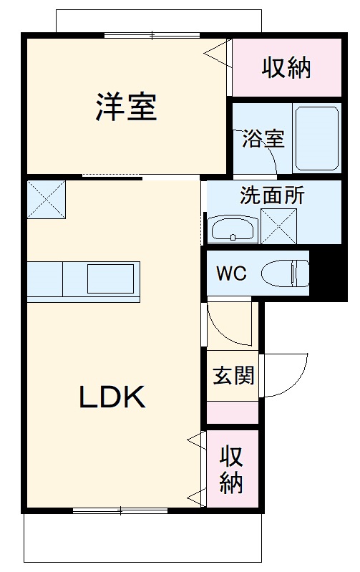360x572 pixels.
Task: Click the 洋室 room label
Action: point(126,107)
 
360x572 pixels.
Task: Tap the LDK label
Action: point(112,397)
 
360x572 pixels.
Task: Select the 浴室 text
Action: point(263,139)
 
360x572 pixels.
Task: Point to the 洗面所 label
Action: point(272,195)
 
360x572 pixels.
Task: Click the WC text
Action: point(232,274)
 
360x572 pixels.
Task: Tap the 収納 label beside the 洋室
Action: point(286,68)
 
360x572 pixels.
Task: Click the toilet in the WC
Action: point(285,273)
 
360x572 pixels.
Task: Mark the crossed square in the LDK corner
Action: point(47,200)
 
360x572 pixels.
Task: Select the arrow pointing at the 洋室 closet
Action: point(215,52)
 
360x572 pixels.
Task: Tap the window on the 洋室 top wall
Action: point(152,35)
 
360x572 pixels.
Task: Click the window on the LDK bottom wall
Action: point(120,510)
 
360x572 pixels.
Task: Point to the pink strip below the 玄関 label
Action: point(233,413)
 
